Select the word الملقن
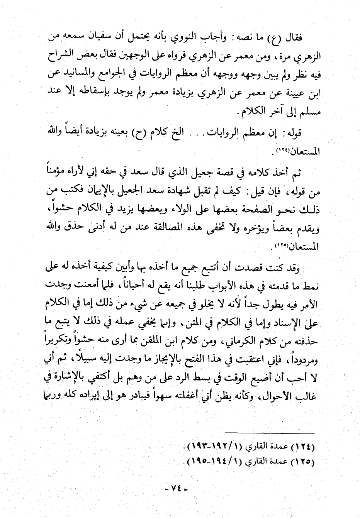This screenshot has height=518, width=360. (x=136, y=341)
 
